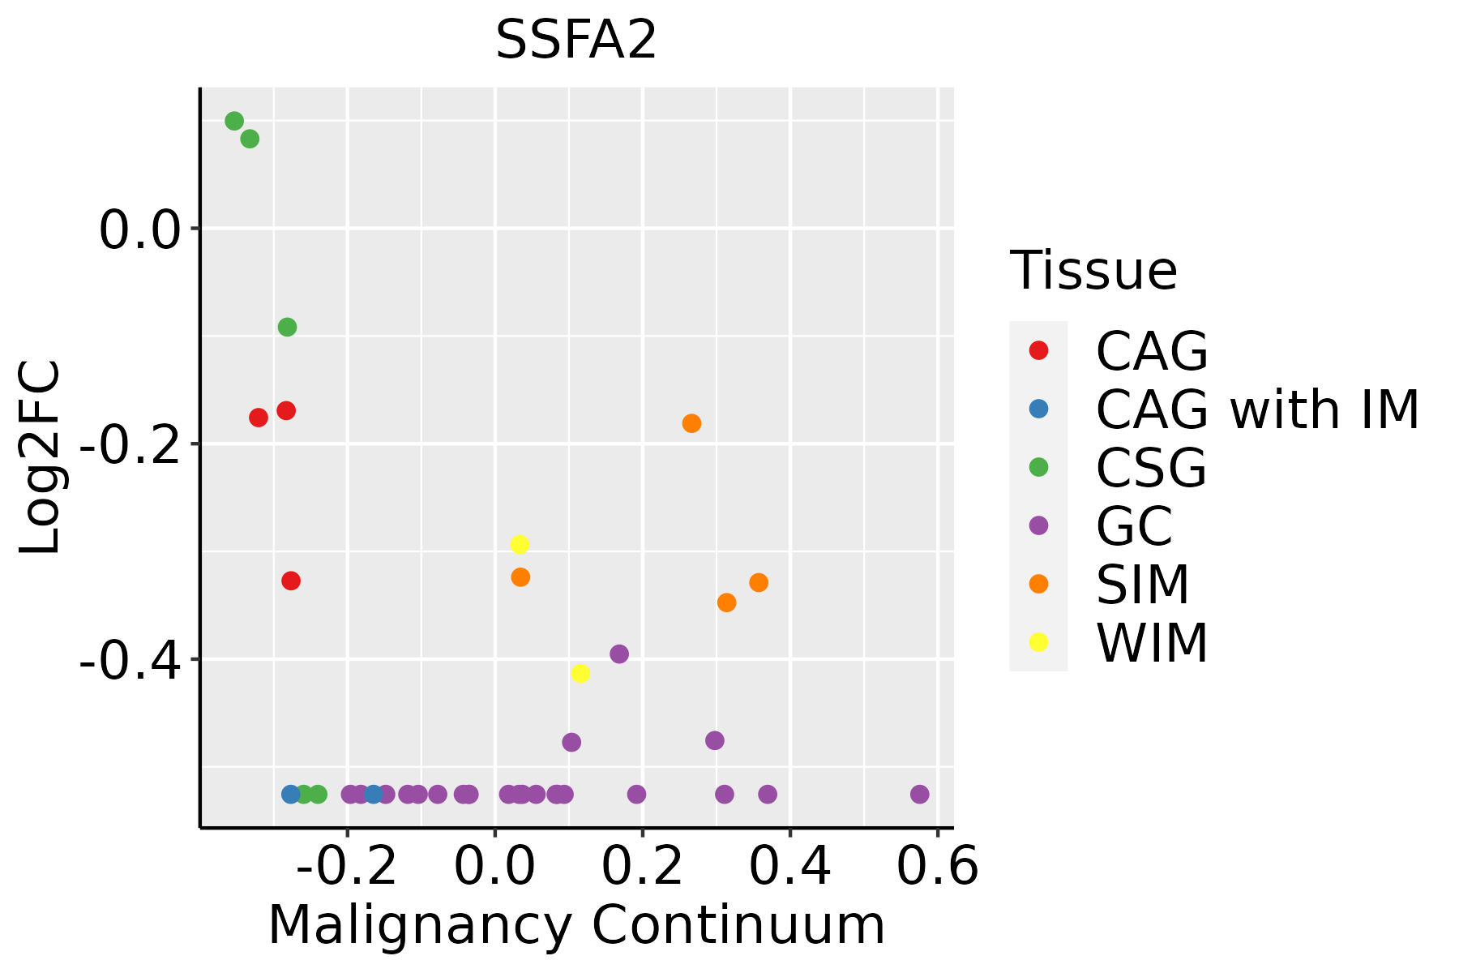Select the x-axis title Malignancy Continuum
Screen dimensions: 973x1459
(575, 926)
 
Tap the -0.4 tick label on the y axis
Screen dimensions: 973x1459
(138, 661)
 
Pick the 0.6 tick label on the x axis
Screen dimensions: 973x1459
(937, 868)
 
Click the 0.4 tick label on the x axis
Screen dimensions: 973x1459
(789, 868)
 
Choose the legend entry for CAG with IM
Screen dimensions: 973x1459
(1256, 409)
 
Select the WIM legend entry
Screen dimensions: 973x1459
(1151, 643)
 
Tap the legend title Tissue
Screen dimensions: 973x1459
(1093, 271)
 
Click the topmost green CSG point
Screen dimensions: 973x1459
(234, 121)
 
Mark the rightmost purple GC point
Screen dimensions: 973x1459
(919, 794)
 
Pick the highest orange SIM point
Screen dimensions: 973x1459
(691, 423)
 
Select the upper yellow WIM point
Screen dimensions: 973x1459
(520, 544)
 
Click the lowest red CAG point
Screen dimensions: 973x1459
(291, 581)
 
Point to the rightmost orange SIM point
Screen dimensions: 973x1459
(759, 582)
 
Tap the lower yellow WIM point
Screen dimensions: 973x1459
(580, 673)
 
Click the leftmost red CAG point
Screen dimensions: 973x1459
(259, 418)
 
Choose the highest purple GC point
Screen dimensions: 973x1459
(619, 654)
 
